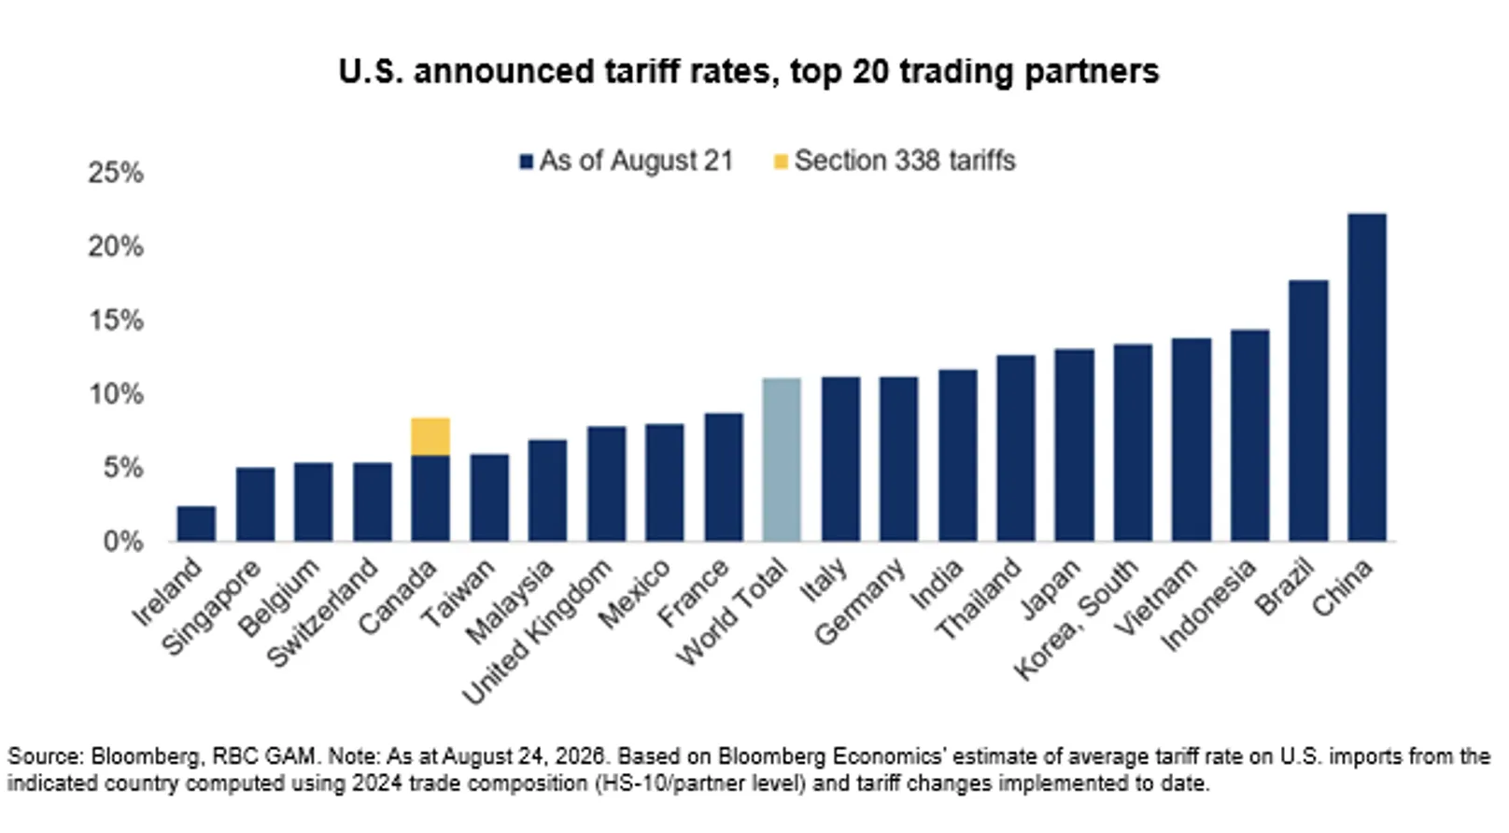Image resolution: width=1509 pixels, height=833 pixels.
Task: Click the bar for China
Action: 1367,377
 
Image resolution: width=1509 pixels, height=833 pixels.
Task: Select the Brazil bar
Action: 1308,411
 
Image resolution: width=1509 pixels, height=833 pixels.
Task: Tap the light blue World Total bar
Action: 782,459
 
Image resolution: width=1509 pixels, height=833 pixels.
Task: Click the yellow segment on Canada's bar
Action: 430,437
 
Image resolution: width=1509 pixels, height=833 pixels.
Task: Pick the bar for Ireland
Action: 197,524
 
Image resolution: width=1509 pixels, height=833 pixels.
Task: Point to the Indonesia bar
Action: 1249,435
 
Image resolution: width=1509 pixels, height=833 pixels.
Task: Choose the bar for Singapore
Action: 255,504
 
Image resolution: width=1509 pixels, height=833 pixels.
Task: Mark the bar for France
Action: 724,477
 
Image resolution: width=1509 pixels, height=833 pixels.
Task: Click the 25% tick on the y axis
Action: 116,173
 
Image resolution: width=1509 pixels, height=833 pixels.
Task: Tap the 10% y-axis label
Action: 116,394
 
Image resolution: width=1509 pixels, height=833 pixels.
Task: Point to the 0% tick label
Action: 123,542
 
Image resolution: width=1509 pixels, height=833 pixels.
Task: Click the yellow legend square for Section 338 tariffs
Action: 781,162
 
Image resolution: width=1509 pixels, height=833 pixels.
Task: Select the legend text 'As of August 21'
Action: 636,161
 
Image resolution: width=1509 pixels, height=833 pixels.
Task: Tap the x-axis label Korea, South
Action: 1077,618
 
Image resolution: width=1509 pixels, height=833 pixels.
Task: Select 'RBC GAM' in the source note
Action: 263,756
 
